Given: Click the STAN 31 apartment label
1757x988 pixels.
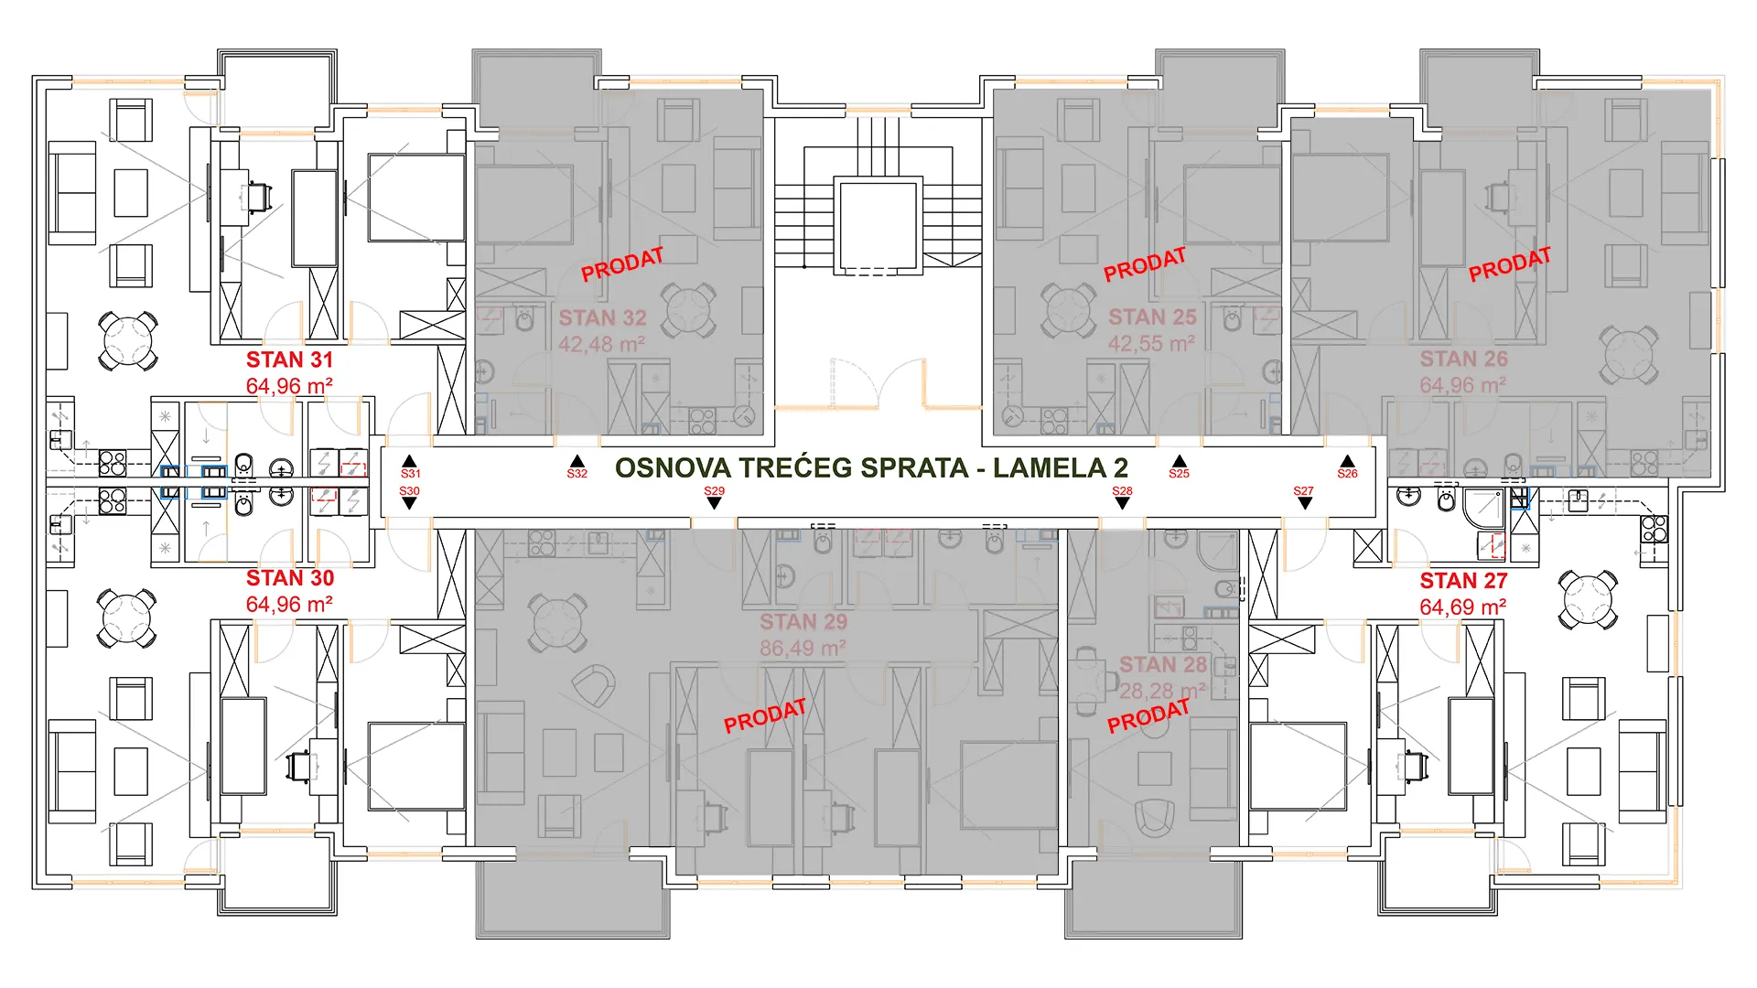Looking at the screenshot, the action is pyautogui.click(x=289, y=360).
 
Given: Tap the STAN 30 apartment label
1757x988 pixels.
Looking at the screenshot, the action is pyautogui.click(x=290, y=578).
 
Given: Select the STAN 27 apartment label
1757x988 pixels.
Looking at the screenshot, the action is pyautogui.click(x=1463, y=581).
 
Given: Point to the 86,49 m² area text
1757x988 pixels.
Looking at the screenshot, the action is pyautogui.click(x=803, y=649).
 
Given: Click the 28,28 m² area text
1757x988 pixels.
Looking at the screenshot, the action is pyautogui.click(x=1162, y=691).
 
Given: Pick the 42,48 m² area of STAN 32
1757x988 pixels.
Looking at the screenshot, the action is pyautogui.click(x=601, y=345).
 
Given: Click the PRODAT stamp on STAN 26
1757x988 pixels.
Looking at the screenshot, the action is pyautogui.click(x=1510, y=264).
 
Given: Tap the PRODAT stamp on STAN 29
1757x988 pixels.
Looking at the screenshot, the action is pyautogui.click(x=765, y=716).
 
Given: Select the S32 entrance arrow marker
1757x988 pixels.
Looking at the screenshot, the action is pyautogui.click(x=577, y=462).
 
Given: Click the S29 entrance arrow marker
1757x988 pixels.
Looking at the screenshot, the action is pyautogui.click(x=714, y=503).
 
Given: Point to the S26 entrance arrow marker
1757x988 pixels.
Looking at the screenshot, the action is pyautogui.click(x=1347, y=462).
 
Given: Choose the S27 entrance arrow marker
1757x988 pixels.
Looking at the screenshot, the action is pyautogui.click(x=1305, y=503).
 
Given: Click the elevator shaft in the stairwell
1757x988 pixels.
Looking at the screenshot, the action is pyautogui.click(x=876, y=228).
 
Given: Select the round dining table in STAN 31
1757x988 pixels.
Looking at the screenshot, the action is pyautogui.click(x=129, y=340).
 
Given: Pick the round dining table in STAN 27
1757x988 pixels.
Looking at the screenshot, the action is pyautogui.click(x=1588, y=599).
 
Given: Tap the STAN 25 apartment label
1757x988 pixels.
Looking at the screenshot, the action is pyautogui.click(x=1152, y=317).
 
